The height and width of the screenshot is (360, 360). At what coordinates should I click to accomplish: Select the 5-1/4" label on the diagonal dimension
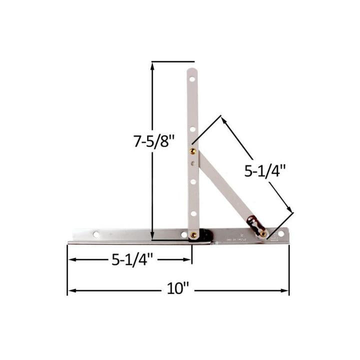point(264,171)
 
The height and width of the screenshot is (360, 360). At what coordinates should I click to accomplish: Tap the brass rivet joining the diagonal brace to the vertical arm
point(192,150)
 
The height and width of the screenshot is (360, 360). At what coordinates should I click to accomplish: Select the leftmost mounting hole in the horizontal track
point(96,234)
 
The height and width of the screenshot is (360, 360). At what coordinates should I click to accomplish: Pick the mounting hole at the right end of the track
point(281,233)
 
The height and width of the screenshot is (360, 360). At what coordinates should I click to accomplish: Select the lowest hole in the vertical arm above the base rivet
point(192,213)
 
